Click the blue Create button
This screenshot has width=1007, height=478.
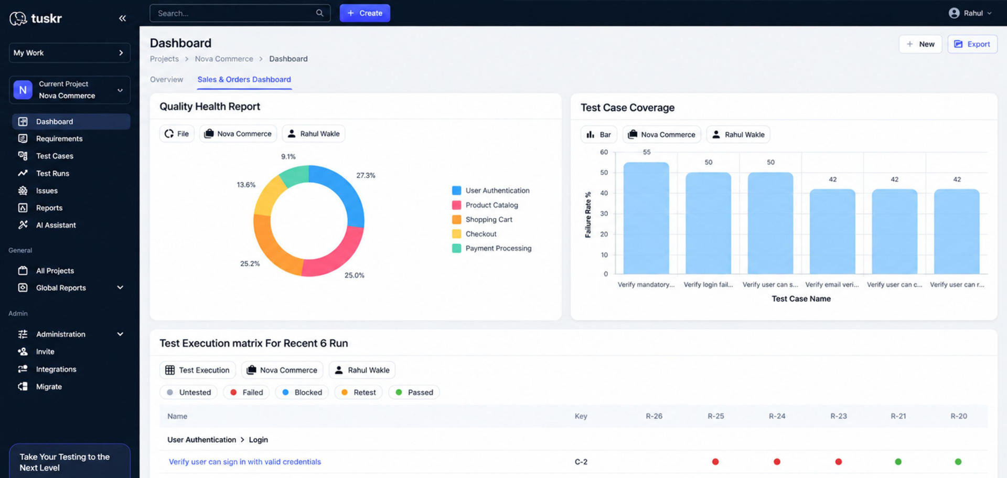coord(365,13)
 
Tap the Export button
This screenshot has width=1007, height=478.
coord(972,44)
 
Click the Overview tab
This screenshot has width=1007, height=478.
coord(166,79)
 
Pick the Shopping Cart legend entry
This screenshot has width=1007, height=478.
coord(482,219)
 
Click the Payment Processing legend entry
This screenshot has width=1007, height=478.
coord(491,248)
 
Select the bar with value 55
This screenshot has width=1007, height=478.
coord(646,218)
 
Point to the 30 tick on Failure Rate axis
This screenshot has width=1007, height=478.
coord(604,214)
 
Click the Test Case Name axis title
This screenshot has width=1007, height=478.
coord(801,299)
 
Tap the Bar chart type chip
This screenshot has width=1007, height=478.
coord(599,134)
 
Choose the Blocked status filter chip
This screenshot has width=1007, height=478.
coord(302,392)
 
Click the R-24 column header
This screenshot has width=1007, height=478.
coord(777,416)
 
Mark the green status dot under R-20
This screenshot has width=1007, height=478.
coord(958,462)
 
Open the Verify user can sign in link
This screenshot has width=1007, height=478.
coord(245,462)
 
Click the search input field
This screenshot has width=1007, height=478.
coord(240,13)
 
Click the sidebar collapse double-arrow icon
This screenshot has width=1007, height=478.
coord(122,18)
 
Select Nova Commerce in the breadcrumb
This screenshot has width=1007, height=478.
coord(224,59)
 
